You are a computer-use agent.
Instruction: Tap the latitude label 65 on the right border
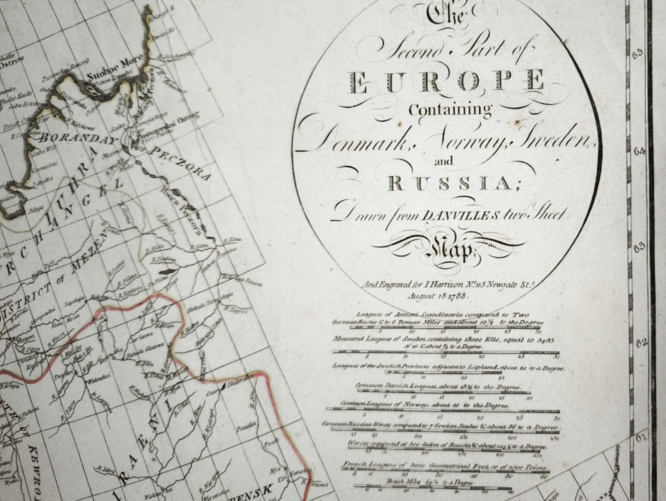tap(637, 54)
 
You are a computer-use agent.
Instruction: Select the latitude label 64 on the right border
tap(639, 152)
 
